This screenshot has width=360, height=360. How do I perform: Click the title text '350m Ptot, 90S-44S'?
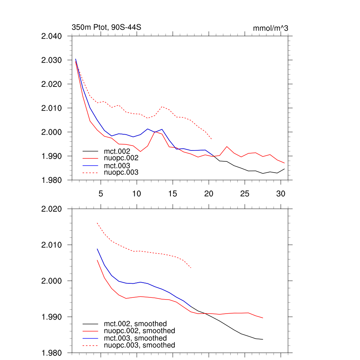point(106,27)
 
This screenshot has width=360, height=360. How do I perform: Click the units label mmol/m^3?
point(270,28)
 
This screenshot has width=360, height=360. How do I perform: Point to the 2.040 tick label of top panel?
point(52,36)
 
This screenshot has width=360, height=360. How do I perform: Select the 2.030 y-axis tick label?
point(52,60)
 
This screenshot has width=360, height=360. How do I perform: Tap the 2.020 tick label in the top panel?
point(52,84)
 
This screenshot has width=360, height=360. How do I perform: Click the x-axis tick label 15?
point(173,194)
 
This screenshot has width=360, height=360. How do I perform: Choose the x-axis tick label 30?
point(281,194)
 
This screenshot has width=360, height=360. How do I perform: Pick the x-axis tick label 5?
point(101,194)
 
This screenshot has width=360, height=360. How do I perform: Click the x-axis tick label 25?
point(245,194)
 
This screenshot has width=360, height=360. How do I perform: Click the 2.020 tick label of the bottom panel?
point(52,209)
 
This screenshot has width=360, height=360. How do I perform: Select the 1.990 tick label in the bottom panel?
point(52,317)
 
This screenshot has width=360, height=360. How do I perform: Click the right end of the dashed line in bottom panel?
point(191,268)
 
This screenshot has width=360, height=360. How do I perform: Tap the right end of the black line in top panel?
point(284,169)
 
